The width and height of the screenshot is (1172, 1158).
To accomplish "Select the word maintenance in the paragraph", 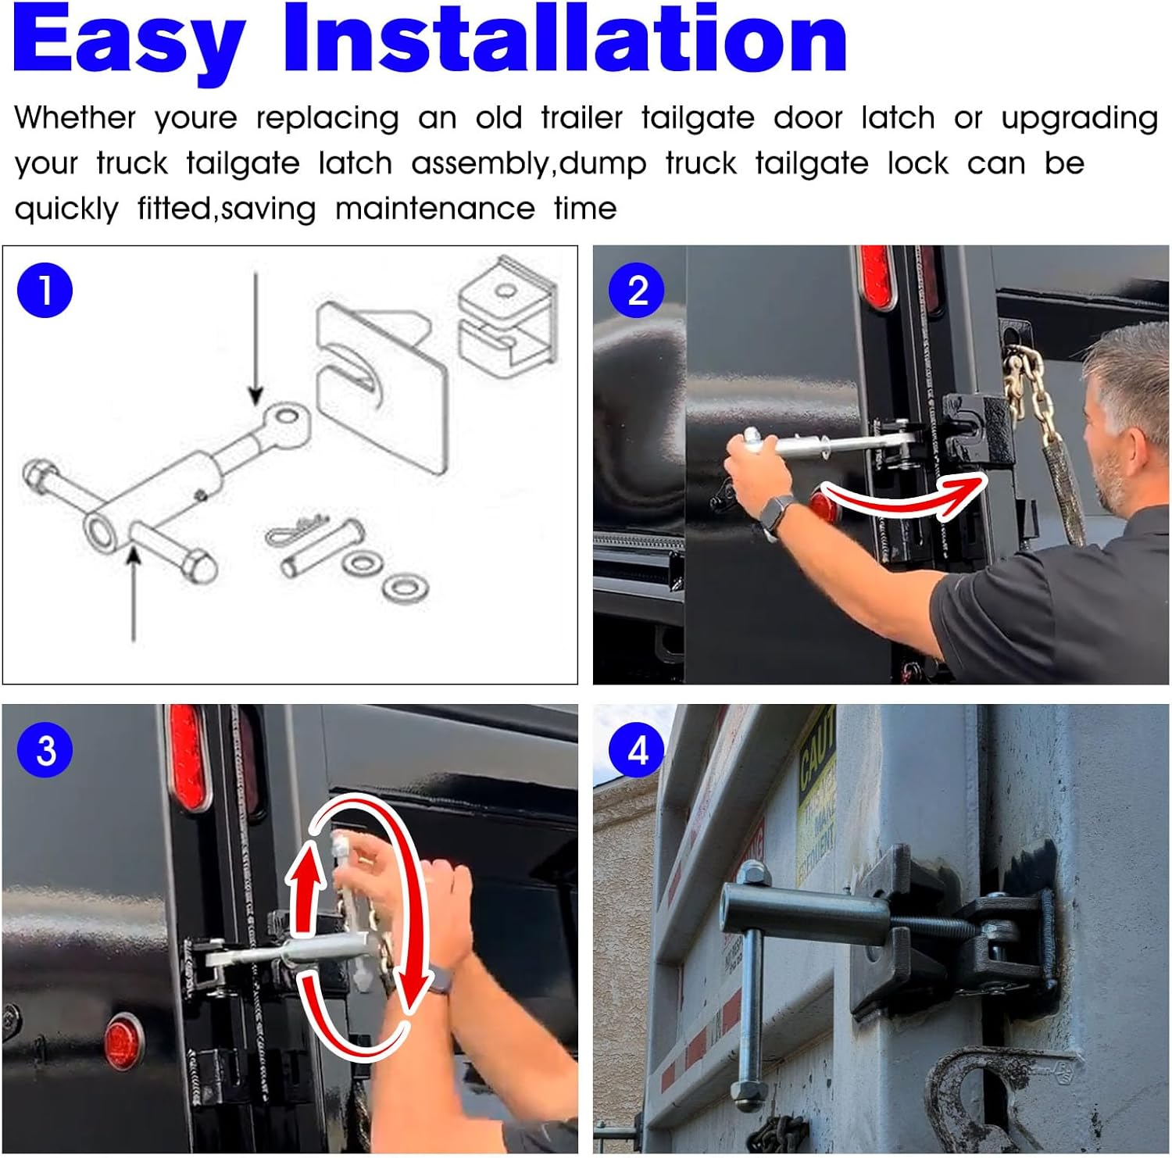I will [x=434, y=209].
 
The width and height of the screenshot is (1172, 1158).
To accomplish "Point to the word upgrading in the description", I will [x=1079, y=118].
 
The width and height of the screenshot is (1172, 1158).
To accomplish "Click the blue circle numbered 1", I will [x=45, y=291].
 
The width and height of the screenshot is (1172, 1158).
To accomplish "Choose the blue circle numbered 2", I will [x=638, y=291].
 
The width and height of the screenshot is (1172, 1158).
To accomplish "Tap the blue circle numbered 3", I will [x=45, y=750].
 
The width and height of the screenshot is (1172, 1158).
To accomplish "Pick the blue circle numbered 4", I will [x=638, y=750].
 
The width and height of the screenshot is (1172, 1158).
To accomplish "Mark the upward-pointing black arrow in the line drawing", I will [x=134, y=594].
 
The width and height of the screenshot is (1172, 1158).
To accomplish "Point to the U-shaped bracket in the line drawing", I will [x=508, y=316].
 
